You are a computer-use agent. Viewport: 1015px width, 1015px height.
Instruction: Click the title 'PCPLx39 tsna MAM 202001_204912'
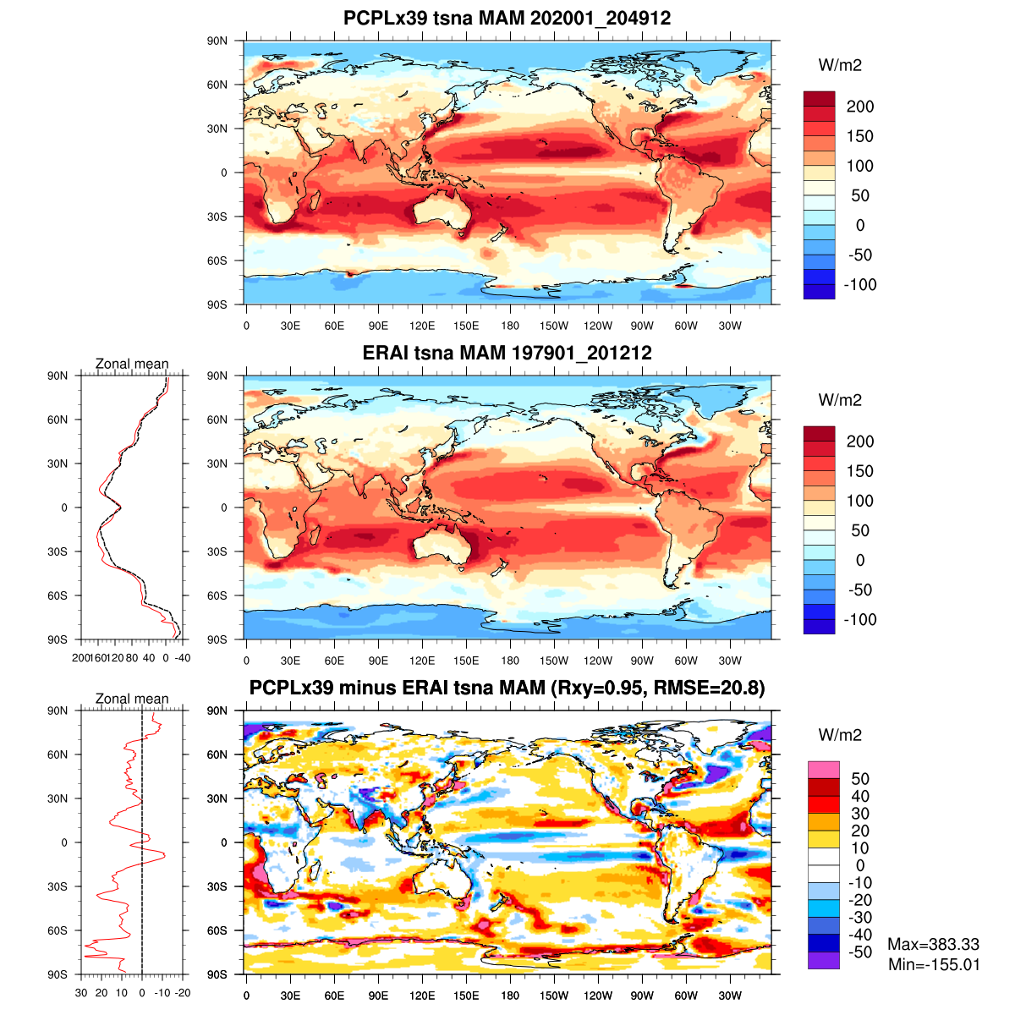507,18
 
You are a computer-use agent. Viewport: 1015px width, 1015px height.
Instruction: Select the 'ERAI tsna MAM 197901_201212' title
507,353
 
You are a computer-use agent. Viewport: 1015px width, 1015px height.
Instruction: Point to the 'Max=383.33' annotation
933,945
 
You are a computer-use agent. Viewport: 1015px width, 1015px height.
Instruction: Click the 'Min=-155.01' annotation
934,964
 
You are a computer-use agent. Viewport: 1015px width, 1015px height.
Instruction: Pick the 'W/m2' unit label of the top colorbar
840,65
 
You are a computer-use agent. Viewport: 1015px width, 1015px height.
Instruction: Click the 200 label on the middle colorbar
859,442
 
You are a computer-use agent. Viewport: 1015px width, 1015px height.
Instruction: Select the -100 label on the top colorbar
859,284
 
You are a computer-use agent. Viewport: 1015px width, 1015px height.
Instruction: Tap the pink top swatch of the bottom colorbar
823,770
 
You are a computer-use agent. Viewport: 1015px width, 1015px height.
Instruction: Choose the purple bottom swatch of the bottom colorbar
823,961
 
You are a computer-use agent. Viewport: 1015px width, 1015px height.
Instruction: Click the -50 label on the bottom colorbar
859,952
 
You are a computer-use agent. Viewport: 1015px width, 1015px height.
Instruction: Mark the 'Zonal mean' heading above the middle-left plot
132,364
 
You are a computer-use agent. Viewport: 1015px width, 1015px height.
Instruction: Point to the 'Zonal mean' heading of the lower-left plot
132,699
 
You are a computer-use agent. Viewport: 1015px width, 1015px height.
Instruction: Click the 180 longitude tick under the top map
510,326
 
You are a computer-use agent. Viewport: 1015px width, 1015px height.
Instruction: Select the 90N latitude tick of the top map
217,41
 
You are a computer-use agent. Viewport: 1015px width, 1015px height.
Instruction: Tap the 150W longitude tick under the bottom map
554,996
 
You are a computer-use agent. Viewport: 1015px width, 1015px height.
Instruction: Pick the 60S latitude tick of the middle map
217,595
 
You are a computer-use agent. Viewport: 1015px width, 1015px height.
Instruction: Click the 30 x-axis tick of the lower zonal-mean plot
81,993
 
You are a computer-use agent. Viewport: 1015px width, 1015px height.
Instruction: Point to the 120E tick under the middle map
422,661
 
